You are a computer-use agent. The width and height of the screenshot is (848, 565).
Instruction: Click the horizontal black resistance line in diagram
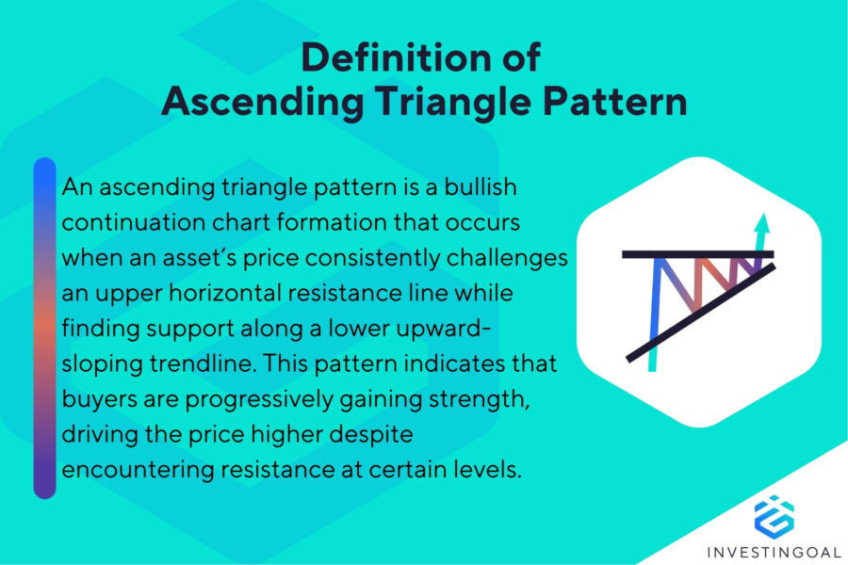tap(697, 254)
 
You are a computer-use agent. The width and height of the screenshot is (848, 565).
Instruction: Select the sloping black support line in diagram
tap(697, 315)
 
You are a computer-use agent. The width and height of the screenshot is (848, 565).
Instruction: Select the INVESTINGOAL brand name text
tap(774, 550)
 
